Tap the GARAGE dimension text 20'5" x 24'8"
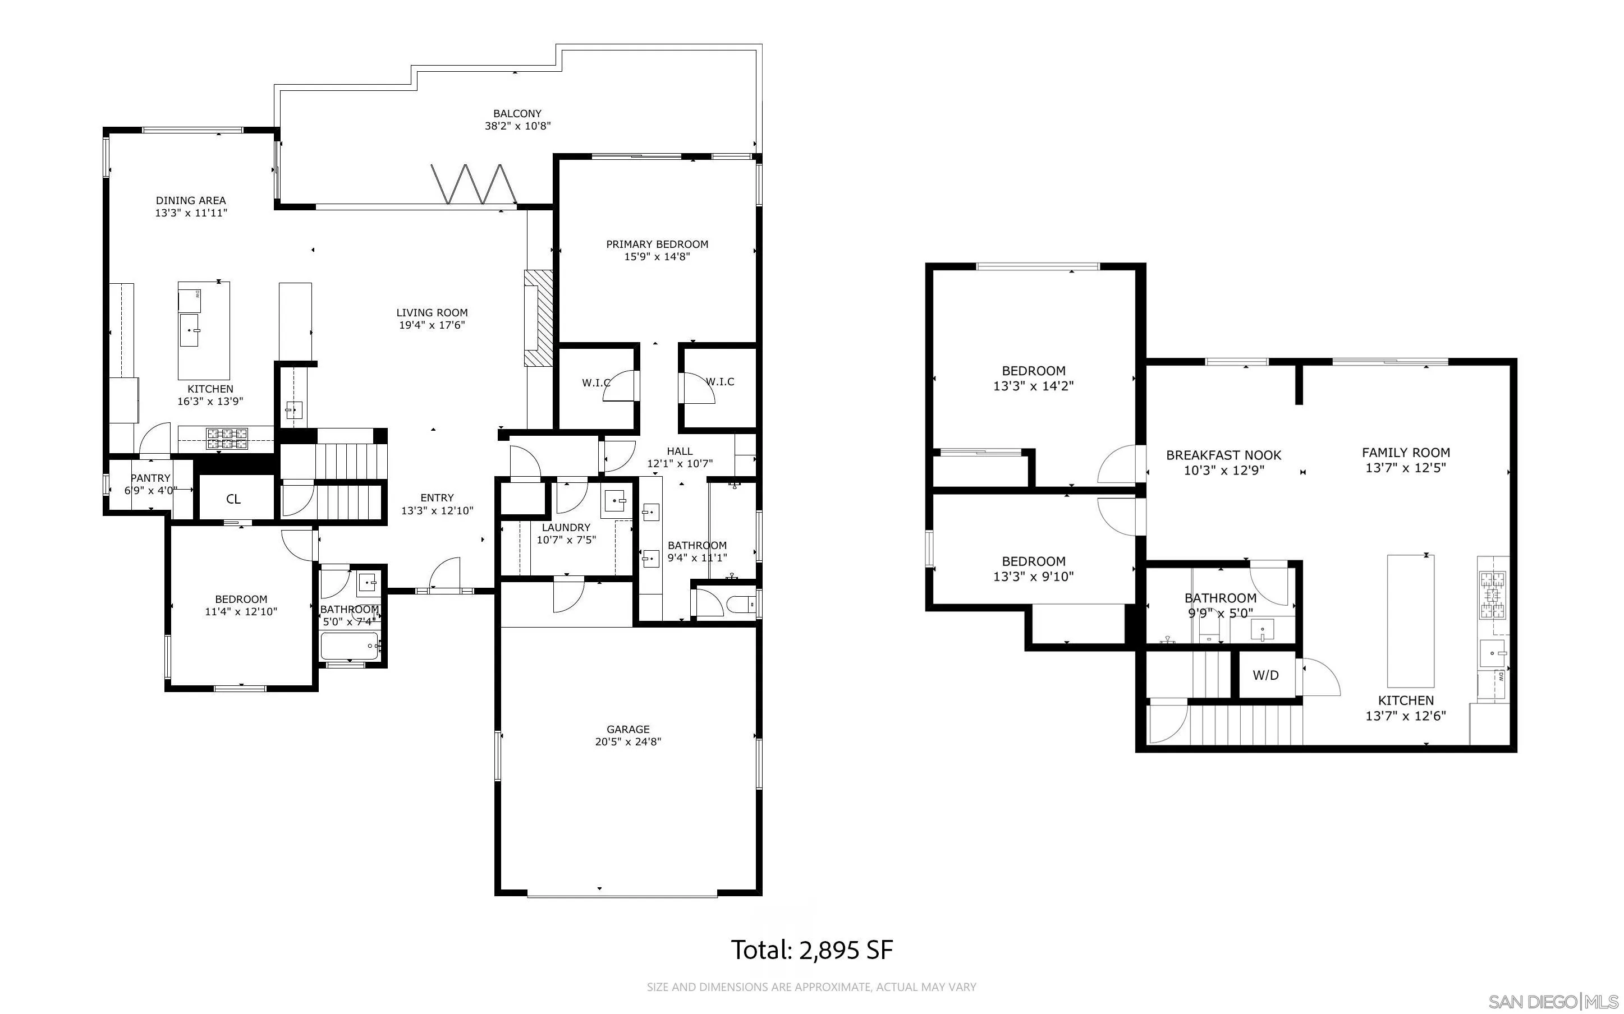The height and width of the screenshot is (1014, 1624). pos(628,742)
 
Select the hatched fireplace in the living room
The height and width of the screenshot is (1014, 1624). pos(538,318)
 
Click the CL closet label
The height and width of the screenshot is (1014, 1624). pos(233,499)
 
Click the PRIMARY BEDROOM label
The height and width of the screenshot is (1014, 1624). pos(657,244)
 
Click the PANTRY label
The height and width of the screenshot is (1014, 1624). pos(150,478)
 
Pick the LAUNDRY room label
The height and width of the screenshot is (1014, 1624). pos(566,528)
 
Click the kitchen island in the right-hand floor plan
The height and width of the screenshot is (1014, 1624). pos(1410,620)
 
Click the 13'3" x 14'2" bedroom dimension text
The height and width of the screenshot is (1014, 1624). pos(1033,386)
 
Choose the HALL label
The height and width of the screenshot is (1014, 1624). pos(680,451)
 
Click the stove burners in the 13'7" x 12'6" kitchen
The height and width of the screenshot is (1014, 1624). pos(1493,595)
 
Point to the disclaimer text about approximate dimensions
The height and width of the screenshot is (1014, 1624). pos(811,987)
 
